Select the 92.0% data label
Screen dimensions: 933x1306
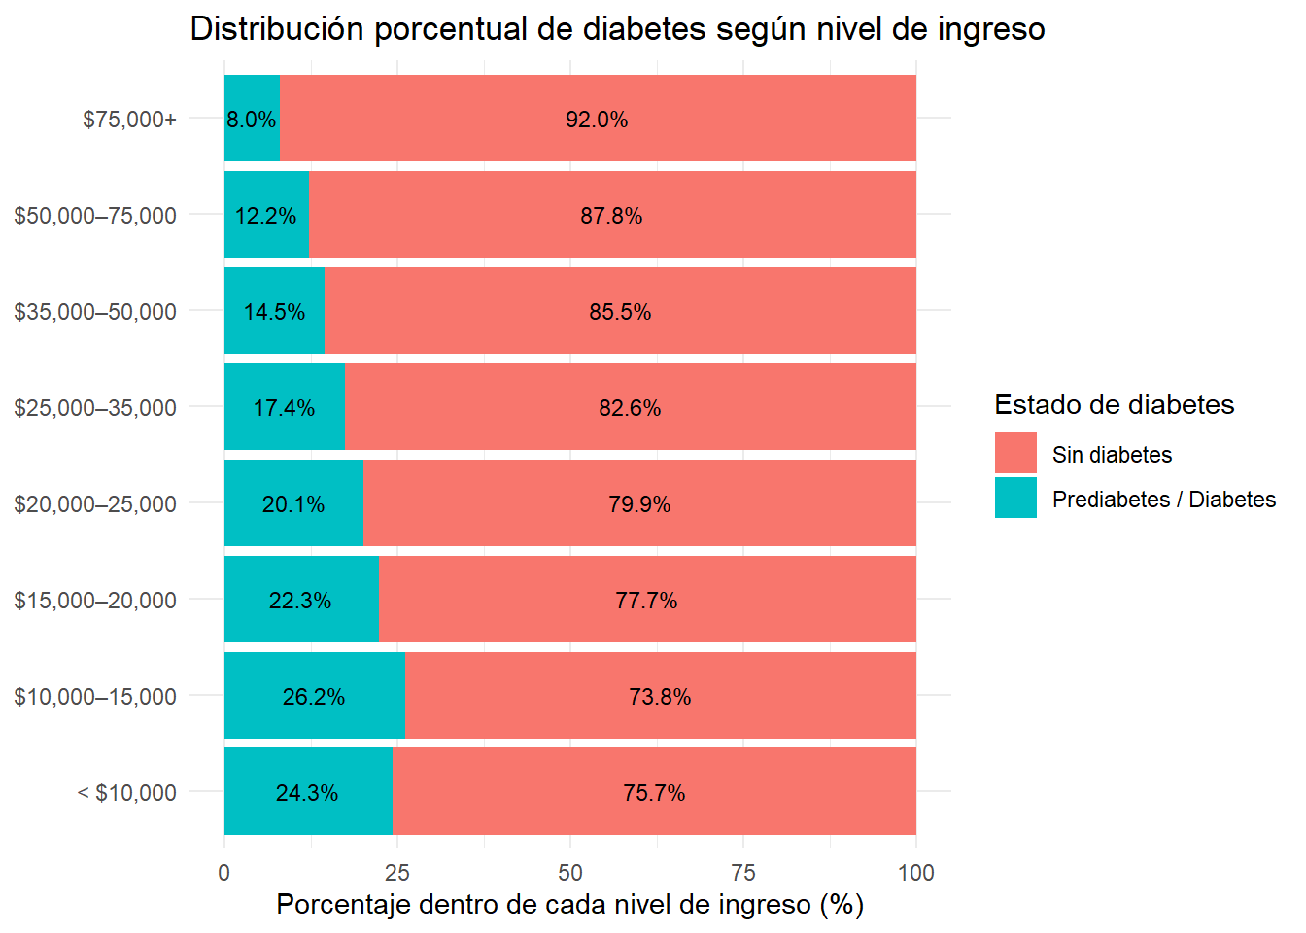pyautogui.click(x=597, y=120)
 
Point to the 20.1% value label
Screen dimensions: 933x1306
pyautogui.click(x=293, y=504)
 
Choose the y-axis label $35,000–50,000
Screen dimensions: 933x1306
pyautogui.click(x=95, y=312)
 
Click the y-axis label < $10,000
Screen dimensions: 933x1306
pyautogui.click(x=127, y=793)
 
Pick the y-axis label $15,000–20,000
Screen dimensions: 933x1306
pyautogui.click(x=95, y=601)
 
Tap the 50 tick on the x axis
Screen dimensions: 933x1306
pyautogui.click(x=570, y=873)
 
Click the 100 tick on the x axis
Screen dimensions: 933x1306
pyautogui.click(x=916, y=873)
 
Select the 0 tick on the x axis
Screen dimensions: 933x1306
pyautogui.click(x=224, y=873)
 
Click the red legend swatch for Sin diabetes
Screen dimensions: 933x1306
pyautogui.click(x=1015, y=453)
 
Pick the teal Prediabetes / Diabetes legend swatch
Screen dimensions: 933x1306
pyautogui.click(x=1015, y=498)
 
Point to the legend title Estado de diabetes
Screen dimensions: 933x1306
pyautogui.click(x=1114, y=404)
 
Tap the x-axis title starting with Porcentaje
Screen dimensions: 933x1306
pyautogui.click(x=569, y=905)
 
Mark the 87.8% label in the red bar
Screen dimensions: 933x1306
pyautogui.click(x=611, y=216)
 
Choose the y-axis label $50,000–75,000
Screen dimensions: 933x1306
pyautogui.click(x=95, y=216)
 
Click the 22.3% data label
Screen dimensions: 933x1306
pyautogui.click(x=300, y=601)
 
